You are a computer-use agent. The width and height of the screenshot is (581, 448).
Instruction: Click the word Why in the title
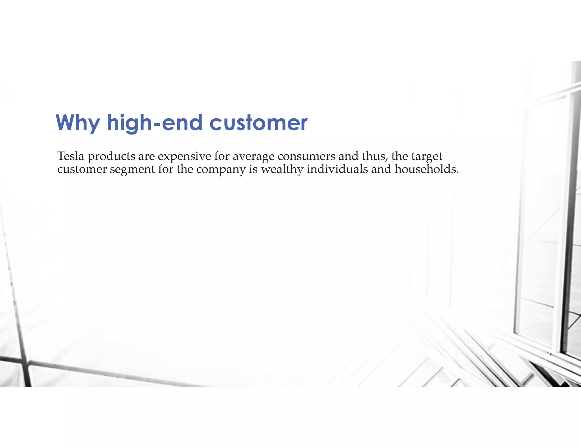(77, 123)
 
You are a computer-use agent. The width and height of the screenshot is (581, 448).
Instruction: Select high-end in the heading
(154, 123)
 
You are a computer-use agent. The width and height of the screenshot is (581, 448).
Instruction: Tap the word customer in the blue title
(258, 123)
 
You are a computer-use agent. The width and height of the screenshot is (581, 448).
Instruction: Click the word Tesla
(71, 156)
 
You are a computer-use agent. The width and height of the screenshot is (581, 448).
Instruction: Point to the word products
(111, 157)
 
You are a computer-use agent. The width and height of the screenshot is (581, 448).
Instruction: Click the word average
(254, 157)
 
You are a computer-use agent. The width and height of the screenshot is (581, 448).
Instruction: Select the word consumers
(306, 156)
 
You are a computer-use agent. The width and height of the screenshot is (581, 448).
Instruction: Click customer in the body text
(82, 169)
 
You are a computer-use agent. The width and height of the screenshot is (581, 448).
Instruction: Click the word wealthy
(282, 169)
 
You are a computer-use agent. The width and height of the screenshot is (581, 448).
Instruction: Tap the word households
(425, 169)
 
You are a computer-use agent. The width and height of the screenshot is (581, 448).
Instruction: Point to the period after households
(457, 172)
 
